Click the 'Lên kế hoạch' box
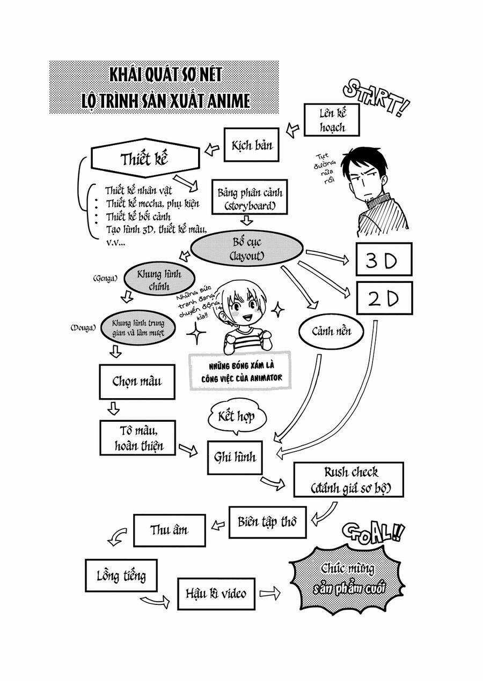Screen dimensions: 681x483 [332, 120]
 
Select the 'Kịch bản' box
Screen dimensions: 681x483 [252, 145]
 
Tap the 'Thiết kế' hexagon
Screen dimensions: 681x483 [144, 159]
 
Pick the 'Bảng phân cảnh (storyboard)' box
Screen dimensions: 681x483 [250, 198]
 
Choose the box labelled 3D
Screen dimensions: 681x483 [384, 259]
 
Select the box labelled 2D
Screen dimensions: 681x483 [384, 298]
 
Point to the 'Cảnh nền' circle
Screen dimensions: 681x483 [332, 331]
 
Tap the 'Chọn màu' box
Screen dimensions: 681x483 [137, 382]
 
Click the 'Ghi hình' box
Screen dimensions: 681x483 [235, 457]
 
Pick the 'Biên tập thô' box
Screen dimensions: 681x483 [267, 521]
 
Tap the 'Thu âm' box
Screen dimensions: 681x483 [169, 530]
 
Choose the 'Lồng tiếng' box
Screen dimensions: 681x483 [113, 576]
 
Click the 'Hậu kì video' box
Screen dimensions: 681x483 [216, 593]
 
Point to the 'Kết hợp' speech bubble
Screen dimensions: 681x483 [237, 417]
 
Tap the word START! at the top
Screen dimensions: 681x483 [375, 99]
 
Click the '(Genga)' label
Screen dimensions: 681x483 [105, 279]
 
